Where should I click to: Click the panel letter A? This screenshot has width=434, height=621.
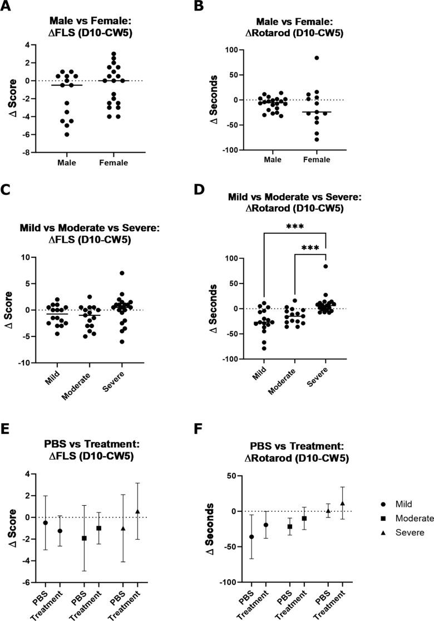(x=7, y=7)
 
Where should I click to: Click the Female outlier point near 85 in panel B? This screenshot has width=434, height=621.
(x=316, y=58)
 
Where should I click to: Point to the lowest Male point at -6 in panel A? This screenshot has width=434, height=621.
(x=67, y=134)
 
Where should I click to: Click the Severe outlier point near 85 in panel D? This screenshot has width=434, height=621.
(x=325, y=266)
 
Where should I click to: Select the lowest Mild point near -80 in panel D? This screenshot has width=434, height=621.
(x=264, y=348)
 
